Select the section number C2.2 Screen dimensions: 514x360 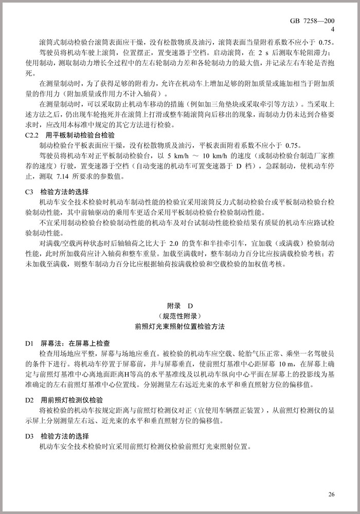point(32,135)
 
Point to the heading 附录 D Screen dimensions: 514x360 point(179,306)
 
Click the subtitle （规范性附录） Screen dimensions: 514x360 point(179,316)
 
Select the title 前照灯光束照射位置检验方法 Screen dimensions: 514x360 point(179,326)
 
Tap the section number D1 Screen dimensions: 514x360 point(29,343)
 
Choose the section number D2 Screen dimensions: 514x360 point(29,399)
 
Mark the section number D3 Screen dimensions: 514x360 point(29,436)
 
